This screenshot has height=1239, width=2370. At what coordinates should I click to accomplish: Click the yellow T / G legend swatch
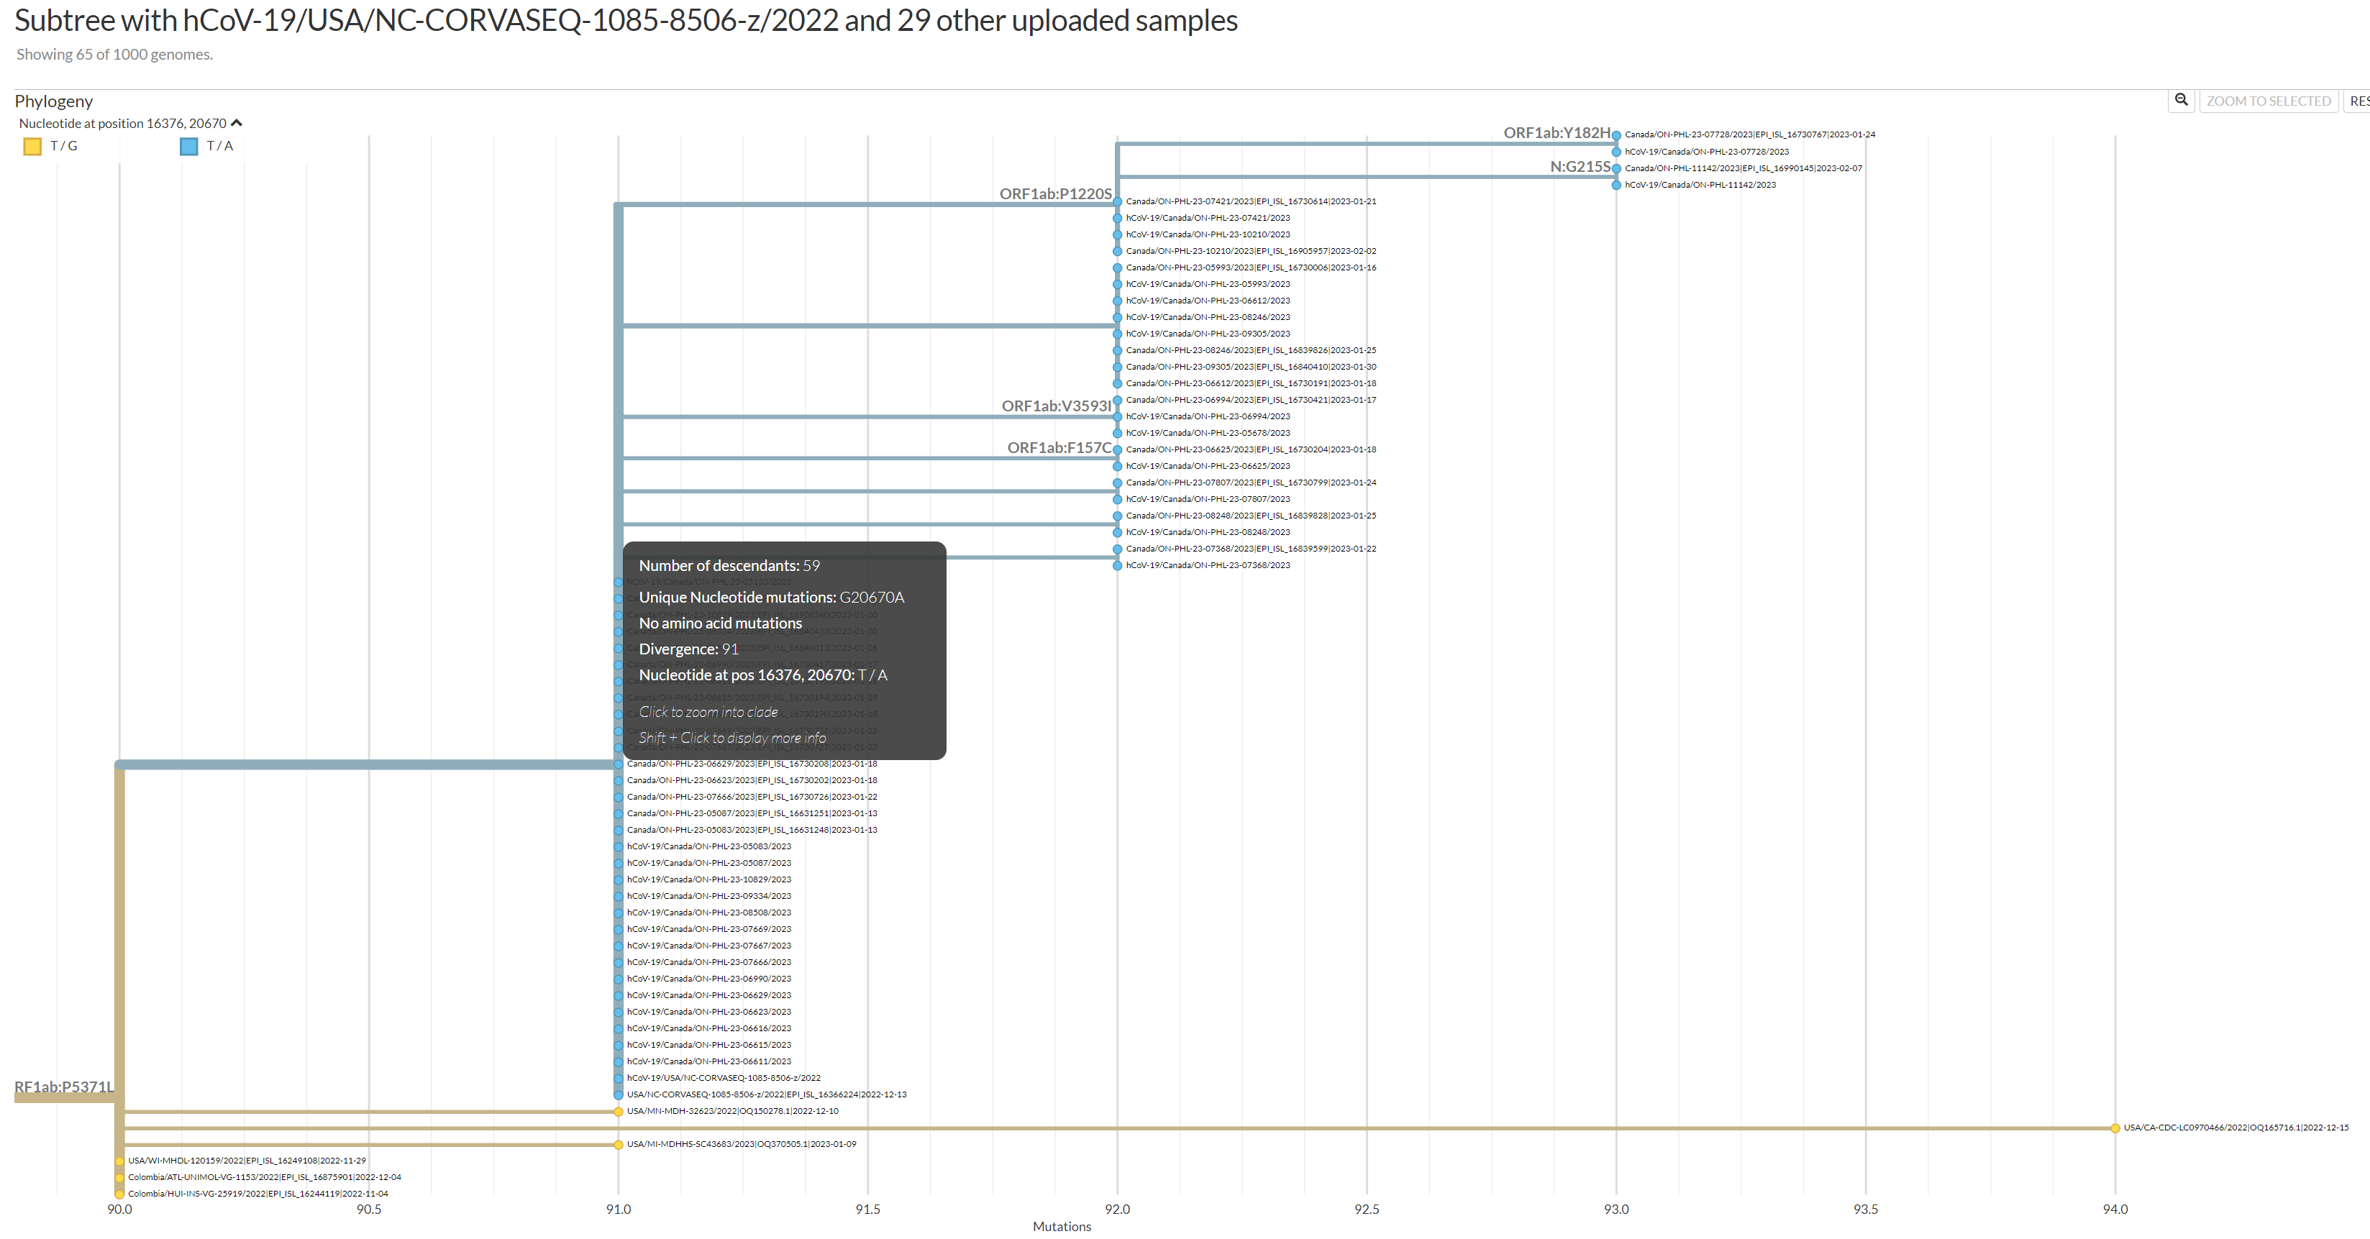point(32,146)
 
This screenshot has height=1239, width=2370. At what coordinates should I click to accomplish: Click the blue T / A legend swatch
point(188,146)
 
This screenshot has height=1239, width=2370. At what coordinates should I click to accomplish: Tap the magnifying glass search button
point(2181,100)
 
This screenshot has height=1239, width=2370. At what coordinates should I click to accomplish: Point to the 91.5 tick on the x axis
point(867,1209)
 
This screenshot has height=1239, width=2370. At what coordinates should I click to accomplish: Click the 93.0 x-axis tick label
point(1615,1209)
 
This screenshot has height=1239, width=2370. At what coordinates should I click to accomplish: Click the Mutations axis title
point(1061,1226)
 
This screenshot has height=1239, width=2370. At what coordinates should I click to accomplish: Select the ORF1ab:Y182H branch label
point(1556,133)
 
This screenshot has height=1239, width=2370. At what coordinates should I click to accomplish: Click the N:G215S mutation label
point(1580,167)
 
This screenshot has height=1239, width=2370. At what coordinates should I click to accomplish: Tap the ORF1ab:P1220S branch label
point(1054,194)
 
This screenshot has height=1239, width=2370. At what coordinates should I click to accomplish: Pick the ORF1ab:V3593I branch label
point(1055,406)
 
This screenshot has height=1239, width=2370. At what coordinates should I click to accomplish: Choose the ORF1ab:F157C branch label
point(1058,448)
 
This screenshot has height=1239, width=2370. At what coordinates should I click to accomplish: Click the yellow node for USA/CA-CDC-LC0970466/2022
point(2115,1128)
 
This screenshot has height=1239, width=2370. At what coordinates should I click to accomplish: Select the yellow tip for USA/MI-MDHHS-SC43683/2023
point(619,1144)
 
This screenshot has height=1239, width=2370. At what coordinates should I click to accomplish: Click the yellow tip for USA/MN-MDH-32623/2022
point(619,1111)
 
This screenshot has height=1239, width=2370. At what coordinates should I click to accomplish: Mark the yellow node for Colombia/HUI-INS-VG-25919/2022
point(119,1194)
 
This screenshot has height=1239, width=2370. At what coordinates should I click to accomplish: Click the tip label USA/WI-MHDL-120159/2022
point(247,1161)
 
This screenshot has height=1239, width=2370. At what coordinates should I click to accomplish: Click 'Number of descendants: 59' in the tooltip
point(729,566)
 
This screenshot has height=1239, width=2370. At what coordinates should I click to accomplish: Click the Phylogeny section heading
point(53,101)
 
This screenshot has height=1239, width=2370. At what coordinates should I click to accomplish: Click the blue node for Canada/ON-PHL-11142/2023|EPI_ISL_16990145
point(1616,168)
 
